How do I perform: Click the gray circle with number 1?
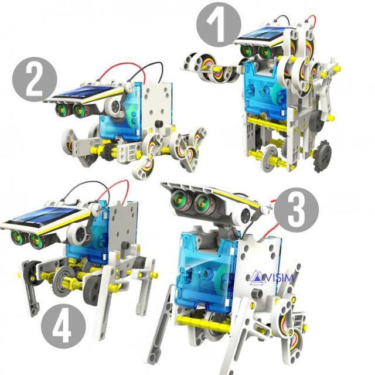(219, 25)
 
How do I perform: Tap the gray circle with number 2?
(35, 80)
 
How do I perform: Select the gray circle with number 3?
(296, 210)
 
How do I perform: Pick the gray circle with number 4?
(63, 326)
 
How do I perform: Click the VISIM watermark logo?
(272, 277)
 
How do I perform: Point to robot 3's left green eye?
(178, 198)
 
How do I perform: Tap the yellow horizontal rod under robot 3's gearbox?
(203, 323)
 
